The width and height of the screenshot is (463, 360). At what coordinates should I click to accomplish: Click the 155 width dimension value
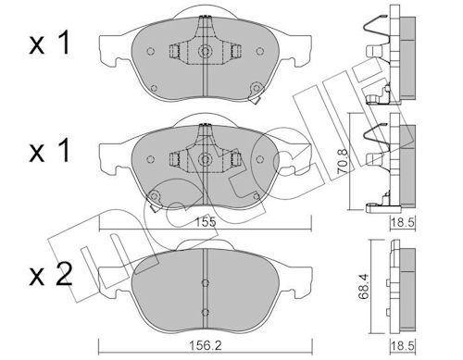coord(206,222)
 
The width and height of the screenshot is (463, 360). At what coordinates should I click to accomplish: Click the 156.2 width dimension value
coord(206,345)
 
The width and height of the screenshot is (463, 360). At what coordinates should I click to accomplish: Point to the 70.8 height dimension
coord(343,162)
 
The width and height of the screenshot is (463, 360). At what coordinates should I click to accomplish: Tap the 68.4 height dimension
coord(365,287)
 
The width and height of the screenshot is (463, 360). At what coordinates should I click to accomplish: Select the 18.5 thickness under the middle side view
coord(403,222)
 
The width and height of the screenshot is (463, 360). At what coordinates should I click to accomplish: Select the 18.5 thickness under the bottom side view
coord(403,345)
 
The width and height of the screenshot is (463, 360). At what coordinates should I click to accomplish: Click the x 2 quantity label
coord(51,274)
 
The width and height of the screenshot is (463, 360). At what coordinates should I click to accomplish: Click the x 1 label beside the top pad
coord(50,44)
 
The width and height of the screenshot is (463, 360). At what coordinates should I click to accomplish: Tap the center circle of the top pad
coord(205,51)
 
